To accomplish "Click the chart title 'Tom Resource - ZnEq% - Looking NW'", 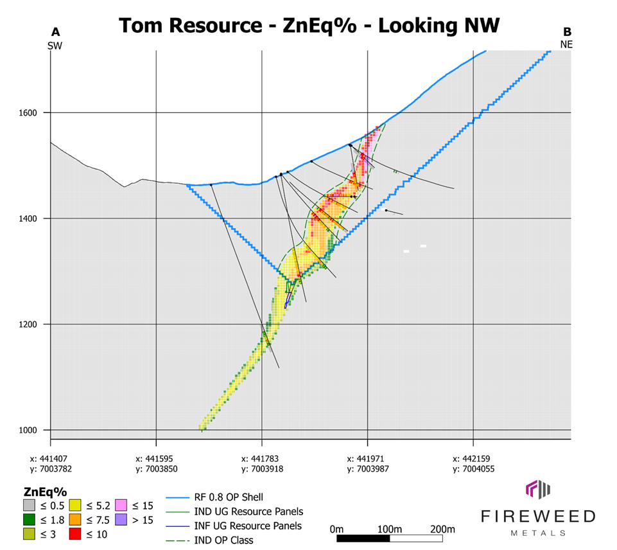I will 309,25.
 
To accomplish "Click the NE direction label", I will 566,45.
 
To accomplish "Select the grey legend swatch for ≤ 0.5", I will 29,504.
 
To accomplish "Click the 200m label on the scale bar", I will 442,529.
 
